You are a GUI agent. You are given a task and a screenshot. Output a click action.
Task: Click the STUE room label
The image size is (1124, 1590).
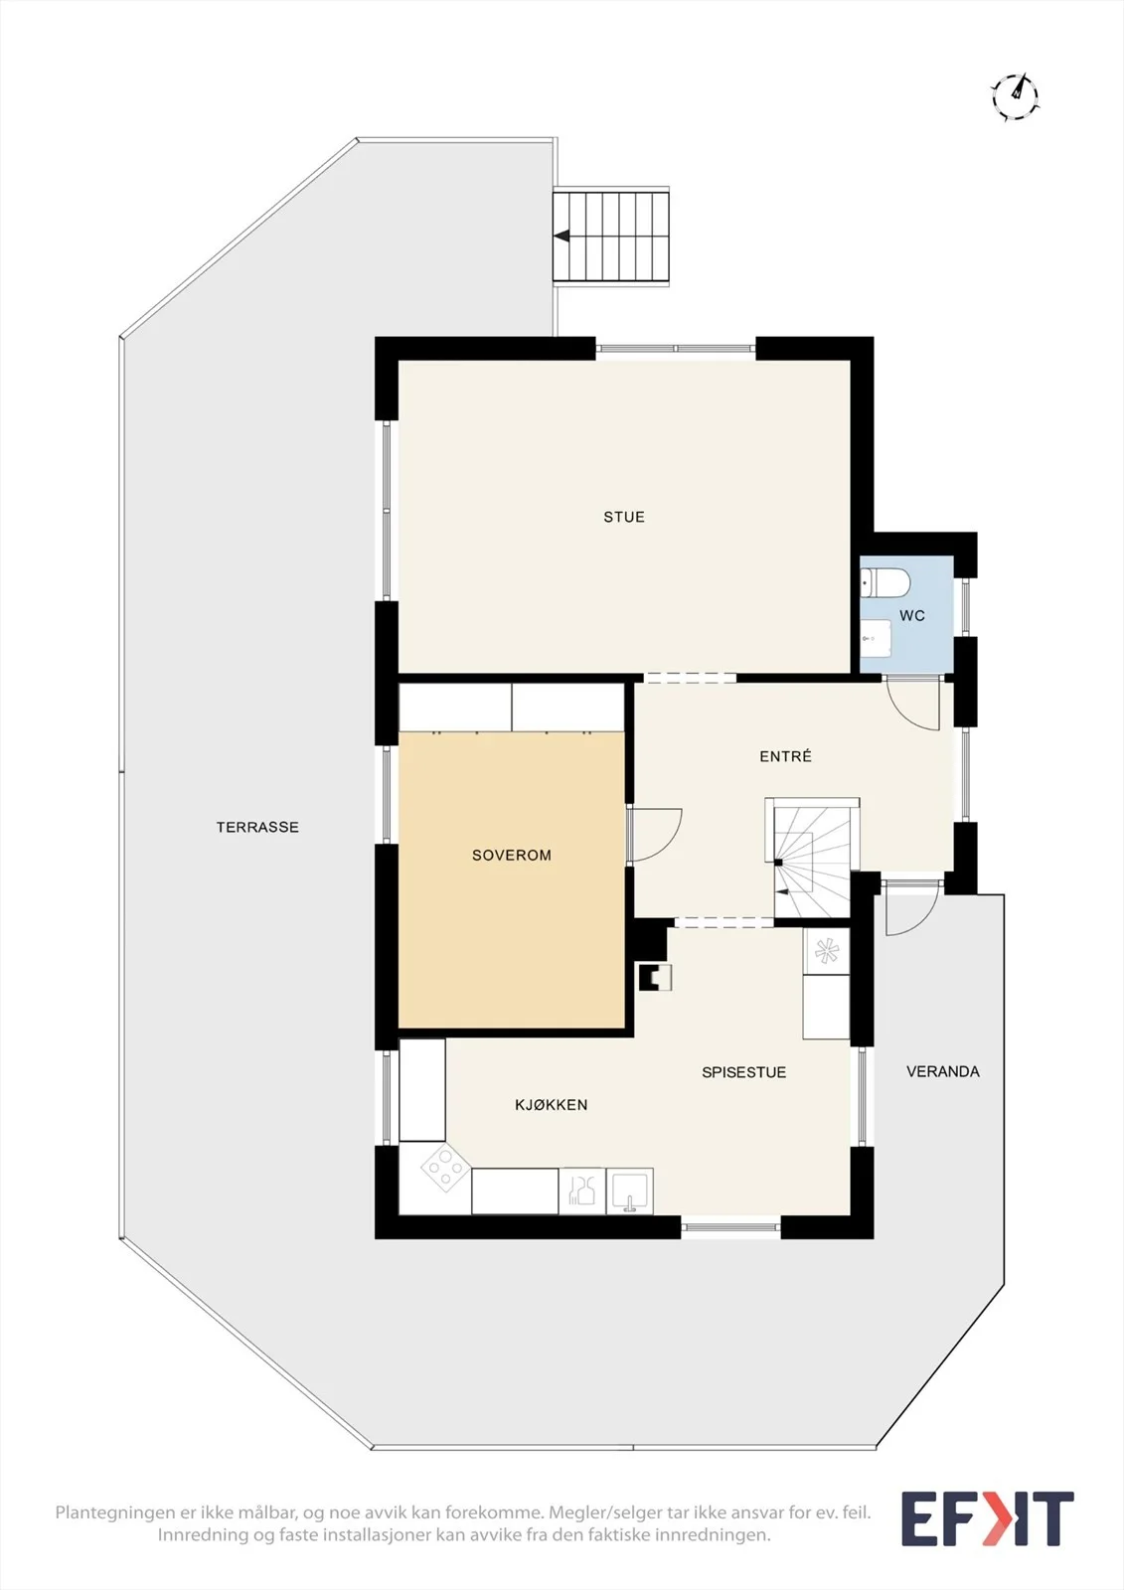click(x=624, y=518)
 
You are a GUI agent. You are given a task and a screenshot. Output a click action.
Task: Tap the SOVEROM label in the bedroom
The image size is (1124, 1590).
click(x=512, y=856)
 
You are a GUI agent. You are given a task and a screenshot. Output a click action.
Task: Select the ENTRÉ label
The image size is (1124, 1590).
click(x=785, y=756)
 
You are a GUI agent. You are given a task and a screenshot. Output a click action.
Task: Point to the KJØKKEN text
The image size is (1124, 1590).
click(x=551, y=1104)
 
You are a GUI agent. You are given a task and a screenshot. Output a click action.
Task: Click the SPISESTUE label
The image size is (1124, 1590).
click(x=744, y=1072)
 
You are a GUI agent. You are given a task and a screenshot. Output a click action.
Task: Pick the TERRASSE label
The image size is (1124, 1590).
click(x=257, y=827)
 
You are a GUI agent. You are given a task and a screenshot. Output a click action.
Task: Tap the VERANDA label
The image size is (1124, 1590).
click(x=943, y=1072)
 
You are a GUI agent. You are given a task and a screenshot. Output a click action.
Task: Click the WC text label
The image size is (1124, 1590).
click(x=912, y=616)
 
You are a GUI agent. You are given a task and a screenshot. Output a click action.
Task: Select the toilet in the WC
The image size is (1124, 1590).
click(x=884, y=582)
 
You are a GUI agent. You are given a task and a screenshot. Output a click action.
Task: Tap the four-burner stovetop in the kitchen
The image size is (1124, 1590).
click(x=445, y=1167)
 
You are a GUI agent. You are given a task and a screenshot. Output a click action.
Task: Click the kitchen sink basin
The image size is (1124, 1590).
click(x=630, y=1191)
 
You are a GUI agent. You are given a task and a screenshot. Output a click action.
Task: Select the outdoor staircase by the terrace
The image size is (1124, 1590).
click(x=611, y=237)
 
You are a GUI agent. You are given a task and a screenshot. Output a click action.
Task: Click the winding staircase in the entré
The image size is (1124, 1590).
click(x=812, y=859)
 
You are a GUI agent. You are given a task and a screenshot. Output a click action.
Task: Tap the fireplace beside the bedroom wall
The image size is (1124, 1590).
click(x=655, y=977)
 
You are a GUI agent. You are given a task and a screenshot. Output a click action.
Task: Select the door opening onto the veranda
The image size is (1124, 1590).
click(x=912, y=908)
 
